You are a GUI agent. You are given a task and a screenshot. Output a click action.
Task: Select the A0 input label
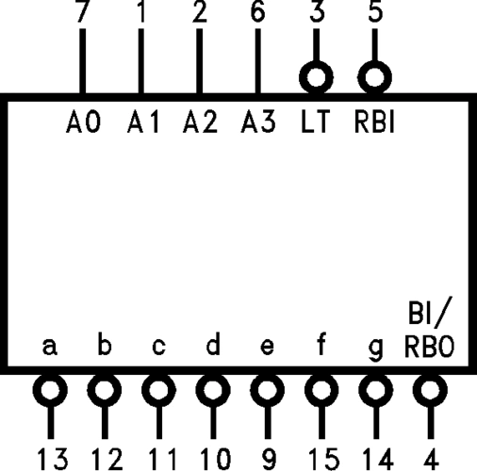tap(83, 122)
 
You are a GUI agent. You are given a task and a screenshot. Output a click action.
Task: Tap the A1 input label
tap(142, 122)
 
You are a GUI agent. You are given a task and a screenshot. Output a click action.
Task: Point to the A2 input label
tap(199, 122)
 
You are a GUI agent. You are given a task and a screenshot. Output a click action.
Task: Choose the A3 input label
tap(257, 122)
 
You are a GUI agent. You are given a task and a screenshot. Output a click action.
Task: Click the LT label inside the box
tap(316, 122)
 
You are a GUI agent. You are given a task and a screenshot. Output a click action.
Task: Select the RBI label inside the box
tap(374, 122)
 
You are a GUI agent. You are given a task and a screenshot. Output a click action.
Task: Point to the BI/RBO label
tap(430, 330)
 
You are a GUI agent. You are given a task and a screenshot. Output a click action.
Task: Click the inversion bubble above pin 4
tap(430, 389)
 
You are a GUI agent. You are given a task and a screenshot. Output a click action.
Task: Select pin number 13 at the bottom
tap(53, 458)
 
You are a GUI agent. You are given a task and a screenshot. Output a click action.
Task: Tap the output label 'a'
tap(51, 347)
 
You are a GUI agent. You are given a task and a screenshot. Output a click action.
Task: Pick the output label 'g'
tap(376, 349)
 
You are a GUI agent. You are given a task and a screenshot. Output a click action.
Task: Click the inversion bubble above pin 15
tap(321, 389)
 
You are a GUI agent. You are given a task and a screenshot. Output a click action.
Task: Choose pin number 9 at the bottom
tap(268, 458)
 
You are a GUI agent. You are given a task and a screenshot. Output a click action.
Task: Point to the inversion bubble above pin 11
tap(159, 389)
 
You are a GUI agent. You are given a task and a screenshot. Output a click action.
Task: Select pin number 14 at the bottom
tap(375, 458)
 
